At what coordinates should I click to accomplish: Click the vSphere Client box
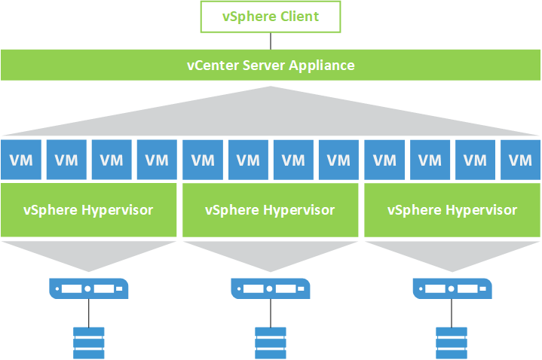click(x=270, y=17)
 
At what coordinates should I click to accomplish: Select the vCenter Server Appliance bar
click(x=271, y=66)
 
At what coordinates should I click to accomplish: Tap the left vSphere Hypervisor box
click(x=88, y=209)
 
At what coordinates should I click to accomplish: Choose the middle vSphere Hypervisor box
click(x=270, y=209)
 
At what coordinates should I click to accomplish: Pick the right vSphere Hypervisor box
click(x=452, y=209)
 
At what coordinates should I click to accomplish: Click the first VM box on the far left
click(x=20, y=160)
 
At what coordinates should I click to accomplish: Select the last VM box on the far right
click(x=520, y=160)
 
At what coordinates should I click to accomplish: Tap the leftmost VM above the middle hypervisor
click(x=202, y=160)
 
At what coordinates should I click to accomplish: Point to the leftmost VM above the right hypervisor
click(x=384, y=160)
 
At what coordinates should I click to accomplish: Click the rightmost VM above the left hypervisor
click(x=156, y=160)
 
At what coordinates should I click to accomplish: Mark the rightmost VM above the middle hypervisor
click(x=338, y=160)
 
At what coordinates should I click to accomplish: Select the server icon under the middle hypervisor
click(x=270, y=288)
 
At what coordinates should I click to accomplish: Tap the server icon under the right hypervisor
click(x=452, y=288)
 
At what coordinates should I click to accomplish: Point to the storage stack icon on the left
click(x=88, y=343)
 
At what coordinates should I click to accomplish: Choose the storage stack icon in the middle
click(x=270, y=343)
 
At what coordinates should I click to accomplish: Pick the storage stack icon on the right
click(x=452, y=343)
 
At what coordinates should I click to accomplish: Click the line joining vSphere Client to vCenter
click(x=271, y=41)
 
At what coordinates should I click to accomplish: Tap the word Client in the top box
click(x=299, y=17)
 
